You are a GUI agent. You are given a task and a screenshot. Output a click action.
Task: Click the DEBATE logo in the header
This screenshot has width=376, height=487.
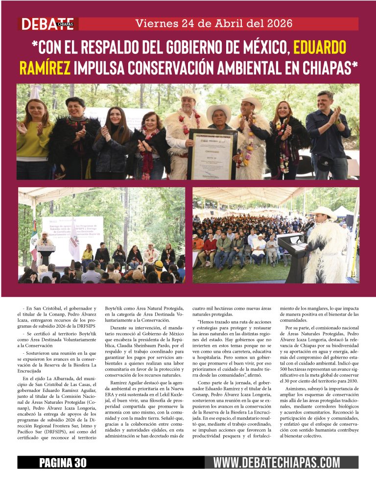pyautogui.click(x=46, y=24)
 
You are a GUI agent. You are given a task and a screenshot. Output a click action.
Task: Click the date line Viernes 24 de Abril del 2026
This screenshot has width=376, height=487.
pyautogui.click(x=214, y=24)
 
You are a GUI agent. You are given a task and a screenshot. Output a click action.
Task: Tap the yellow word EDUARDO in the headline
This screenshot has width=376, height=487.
pyautogui.click(x=320, y=48)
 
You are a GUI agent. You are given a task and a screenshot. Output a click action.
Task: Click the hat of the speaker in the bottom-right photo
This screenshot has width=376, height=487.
pyautogui.click(x=323, y=212)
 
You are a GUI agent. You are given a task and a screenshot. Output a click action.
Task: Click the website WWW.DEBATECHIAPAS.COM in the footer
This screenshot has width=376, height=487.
pyautogui.click(x=277, y=462)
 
